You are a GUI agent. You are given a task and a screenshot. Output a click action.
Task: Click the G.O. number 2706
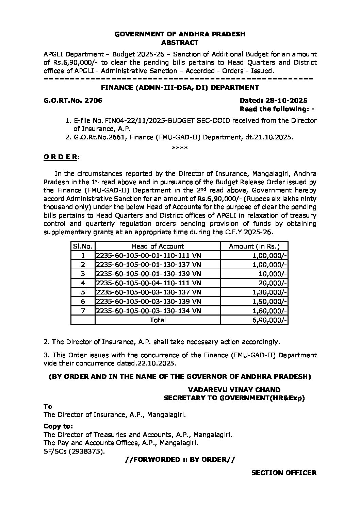coord(93,100)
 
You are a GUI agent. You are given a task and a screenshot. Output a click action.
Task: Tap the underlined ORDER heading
coord(61,157)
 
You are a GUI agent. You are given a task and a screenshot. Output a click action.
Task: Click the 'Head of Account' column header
coord(158,246)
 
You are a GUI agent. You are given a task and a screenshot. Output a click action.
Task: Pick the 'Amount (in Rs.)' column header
coord(254,246)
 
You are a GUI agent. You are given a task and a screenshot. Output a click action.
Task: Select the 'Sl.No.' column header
coord(83,246)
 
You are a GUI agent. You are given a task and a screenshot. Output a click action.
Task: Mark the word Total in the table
coord(158,320)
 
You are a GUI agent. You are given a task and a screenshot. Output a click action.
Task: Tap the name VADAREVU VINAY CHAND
coord(234,390)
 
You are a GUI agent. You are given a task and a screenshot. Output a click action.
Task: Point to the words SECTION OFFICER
coord(284,472)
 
